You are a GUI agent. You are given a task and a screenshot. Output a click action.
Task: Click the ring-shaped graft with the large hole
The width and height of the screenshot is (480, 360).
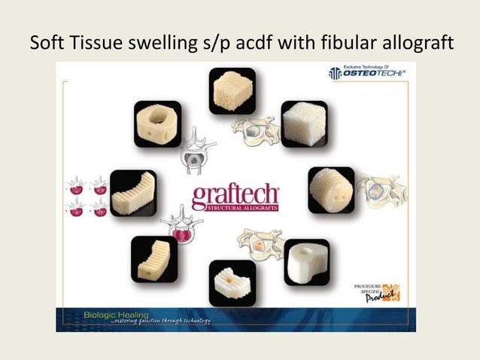157,124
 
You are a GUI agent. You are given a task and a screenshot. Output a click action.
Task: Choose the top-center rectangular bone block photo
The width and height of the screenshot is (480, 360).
232,91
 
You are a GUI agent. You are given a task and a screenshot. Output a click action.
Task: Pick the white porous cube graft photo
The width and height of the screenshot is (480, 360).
304,123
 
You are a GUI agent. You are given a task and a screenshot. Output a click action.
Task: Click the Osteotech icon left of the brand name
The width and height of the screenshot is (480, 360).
335,73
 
